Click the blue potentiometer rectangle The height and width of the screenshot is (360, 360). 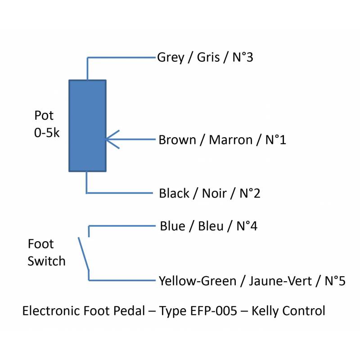pos(87,126)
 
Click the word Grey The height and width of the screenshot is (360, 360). pos(171,58)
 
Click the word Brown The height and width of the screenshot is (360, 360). pos(177,140)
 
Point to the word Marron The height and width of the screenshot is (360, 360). pos(230,140)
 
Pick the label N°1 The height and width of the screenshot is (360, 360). pos(275,140)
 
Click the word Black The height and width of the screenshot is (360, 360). pos(174,193)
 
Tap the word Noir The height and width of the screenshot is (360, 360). pos(214,193)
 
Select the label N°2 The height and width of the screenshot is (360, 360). pos(250,193)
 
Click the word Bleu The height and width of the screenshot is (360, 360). pos(211,226)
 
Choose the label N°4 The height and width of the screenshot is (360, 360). pos(247,226)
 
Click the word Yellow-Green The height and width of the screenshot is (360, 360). pos(198,281)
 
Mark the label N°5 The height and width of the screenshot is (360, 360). pos(334,281)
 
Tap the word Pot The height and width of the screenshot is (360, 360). pos(44,116)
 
